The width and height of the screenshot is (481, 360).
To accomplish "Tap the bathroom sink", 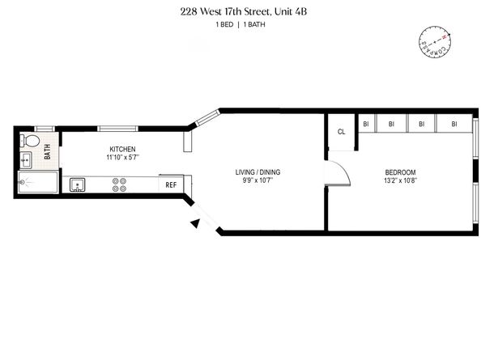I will coord(26,158).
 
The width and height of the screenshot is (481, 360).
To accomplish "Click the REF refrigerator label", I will coord(171,185).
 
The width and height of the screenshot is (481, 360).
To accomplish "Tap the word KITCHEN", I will coord(122,149).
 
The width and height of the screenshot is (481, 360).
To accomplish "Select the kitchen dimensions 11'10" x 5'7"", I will coord(122,157).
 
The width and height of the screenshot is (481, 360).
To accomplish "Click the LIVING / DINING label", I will coord(258,172).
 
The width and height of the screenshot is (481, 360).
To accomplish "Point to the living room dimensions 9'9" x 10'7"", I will coord(258,180).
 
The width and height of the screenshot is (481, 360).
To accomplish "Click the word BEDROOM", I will coord(400,172).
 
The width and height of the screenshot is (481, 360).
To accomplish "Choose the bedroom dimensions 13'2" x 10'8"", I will coord(400,180).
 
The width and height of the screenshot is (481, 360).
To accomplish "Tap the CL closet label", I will coord(341,131).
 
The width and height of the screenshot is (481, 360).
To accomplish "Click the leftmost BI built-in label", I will coord(366,124).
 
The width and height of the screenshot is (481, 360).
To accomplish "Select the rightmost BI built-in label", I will coord(454,124).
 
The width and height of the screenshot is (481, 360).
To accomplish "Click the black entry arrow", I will coord(194,224).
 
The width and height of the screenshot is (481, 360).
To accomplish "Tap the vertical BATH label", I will coord(47,150).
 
